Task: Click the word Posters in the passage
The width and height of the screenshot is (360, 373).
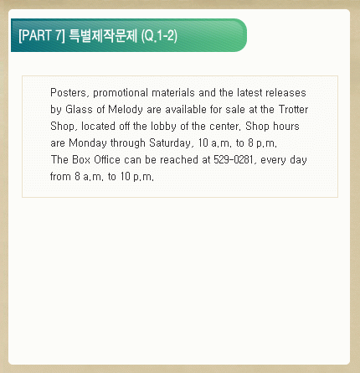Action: [x=69, y=93]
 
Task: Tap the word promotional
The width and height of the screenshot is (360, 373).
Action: [x=121, y=93]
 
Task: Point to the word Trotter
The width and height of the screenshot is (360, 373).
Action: [x=293, y=109]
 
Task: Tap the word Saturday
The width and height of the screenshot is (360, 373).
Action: [x=170, y=143]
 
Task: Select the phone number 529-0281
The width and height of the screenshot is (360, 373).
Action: [x=234, y=159]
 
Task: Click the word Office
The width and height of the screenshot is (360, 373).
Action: [x=107, y=159]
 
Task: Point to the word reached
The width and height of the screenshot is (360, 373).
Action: [x=179, y=159]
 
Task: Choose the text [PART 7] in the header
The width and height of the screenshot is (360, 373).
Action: [x=42, y=35]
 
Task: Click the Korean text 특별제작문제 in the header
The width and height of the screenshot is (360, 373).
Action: [x=103, y=35]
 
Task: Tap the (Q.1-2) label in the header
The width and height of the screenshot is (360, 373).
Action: [x=159, y=36]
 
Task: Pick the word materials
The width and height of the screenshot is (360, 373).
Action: [x=173, y=93]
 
